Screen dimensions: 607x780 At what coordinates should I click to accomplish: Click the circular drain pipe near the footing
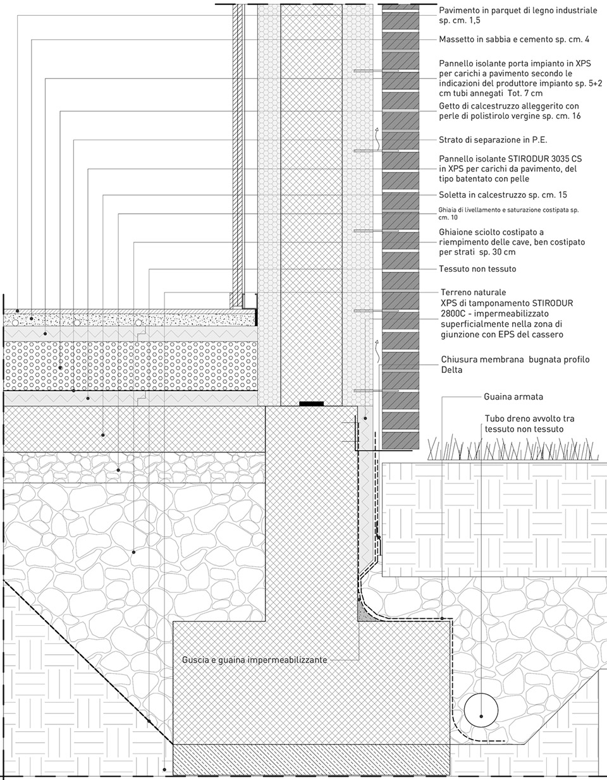481,710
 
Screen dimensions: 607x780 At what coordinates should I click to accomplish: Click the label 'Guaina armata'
513,397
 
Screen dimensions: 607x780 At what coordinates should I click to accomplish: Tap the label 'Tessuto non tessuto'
477,269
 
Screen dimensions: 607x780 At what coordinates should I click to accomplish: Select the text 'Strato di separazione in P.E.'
493,140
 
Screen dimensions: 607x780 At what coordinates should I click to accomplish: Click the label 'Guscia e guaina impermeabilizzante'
255,660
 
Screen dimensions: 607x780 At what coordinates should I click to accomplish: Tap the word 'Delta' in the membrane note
451,370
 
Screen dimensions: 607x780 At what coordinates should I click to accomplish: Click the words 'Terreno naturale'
474,292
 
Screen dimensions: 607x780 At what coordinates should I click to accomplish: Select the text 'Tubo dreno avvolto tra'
529,418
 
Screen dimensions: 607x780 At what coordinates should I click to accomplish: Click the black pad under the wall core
312,404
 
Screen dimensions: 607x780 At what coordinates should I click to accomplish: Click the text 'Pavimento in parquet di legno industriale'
518,11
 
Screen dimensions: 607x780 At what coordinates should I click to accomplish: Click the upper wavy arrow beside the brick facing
377,138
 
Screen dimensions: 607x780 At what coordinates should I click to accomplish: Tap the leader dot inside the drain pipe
481,716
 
